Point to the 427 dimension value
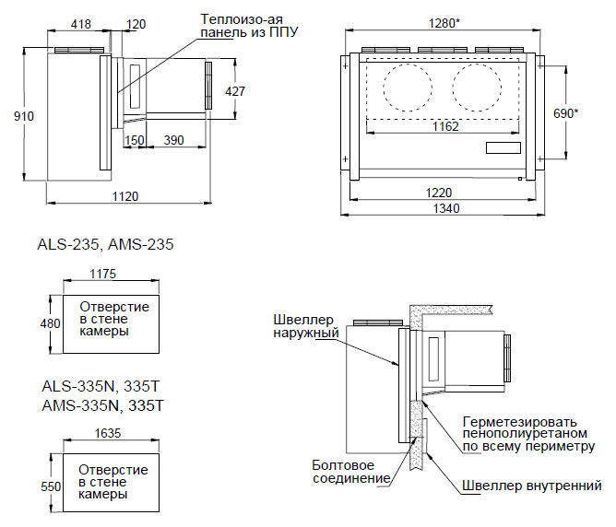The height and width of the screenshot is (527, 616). click(235, 91)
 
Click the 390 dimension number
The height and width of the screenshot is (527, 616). click(172, 140)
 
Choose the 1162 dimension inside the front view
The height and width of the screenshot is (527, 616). click(444, 126)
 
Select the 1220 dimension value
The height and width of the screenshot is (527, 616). click(441, 192)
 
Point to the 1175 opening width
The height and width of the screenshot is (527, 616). click(103, 274)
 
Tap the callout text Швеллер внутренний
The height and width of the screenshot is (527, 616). click(534, 486)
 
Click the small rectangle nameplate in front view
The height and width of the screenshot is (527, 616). click(503, 147)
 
